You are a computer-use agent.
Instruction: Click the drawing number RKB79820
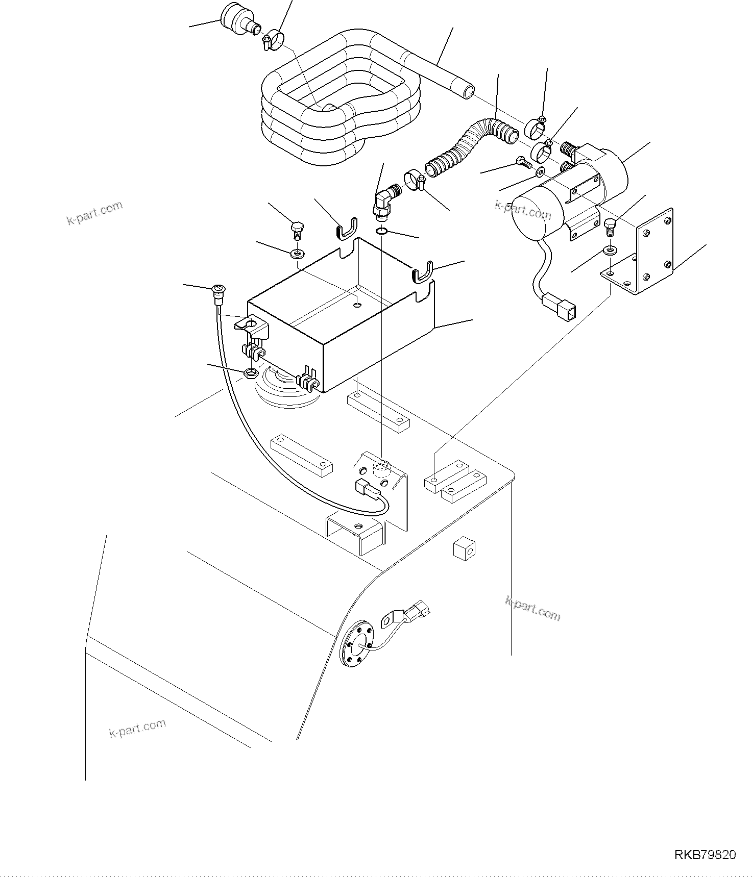(705, 855)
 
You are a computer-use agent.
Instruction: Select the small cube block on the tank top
(464, 549)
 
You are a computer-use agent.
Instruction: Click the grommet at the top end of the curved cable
(217, 292)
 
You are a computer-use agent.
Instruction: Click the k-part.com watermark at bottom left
(137, 729)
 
